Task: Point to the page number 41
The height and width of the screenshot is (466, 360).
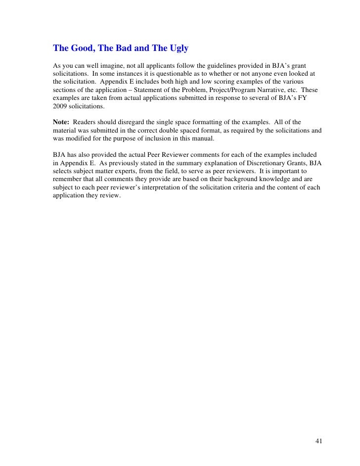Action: (x=318, y=426)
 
